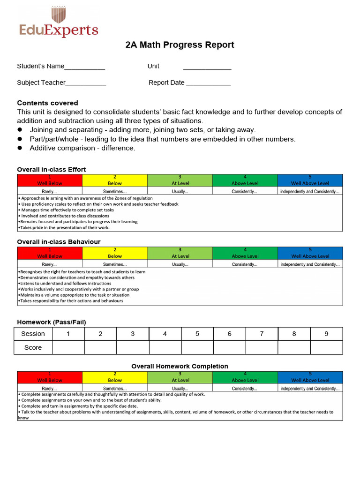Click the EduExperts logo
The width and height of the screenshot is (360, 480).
coord(59,22)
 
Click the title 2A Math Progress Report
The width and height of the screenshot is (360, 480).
coord(180,45)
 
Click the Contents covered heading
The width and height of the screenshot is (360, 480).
coord(47,103)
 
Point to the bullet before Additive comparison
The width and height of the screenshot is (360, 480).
coord(20,148)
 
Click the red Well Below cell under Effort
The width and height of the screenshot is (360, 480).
coord(50,180)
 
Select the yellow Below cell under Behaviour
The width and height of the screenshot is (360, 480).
coord(115,253)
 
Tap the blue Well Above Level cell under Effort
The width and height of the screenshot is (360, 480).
coord(310,180)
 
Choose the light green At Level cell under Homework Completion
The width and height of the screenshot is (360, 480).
coord(180,377)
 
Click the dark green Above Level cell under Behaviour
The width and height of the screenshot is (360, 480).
coord(245,253)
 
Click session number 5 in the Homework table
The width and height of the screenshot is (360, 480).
coord(197,334)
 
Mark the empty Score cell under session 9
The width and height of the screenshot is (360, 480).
coord(326,347)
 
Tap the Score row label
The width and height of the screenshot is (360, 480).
coord(33,347)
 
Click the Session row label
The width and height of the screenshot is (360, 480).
coord(33,334)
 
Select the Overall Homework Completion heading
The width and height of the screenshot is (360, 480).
coord(180,366)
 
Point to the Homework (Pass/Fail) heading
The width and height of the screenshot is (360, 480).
coord(52,322)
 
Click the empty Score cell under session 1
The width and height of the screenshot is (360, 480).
coord(68,347)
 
